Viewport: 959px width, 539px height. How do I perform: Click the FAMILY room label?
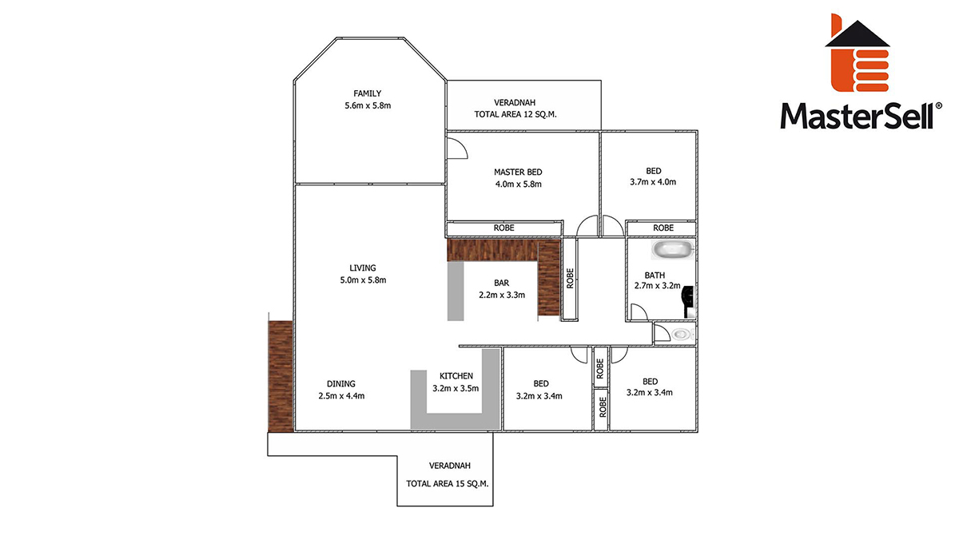click(x=367, y=93)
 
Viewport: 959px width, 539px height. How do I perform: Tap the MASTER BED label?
click(x=518, y=172)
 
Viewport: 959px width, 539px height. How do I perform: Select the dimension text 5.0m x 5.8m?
click(x=363, y=280)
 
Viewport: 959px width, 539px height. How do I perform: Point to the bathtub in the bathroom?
click(x=672, y=250)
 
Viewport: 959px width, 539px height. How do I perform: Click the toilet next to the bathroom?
click(x=682, y=334)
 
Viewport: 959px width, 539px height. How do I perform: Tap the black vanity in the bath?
click(x=688, y=302)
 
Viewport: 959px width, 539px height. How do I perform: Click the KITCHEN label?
click(x=456, y=376)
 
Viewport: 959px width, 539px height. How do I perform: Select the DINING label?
click(x=341, y=384)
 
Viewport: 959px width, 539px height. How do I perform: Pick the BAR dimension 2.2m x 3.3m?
click(x=502, y=295)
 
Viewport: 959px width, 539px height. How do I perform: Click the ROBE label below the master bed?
click(x=504, y=228)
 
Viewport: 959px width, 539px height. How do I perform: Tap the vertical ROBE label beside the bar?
click(x=570, y=279)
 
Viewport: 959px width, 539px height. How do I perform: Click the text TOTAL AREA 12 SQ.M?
click(x=515, y=115)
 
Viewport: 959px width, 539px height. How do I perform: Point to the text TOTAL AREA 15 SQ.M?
click(x=448, y=484)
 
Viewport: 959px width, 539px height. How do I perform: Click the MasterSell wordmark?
click(x=861, y=116)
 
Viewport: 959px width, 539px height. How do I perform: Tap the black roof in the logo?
click(x=858, y=34)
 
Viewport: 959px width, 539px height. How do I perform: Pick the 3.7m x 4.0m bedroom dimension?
click(x=653, y=182)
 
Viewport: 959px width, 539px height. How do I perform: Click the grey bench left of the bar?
click(x=456, y=291)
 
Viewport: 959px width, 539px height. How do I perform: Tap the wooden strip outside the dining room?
click(x=281, y=376)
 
